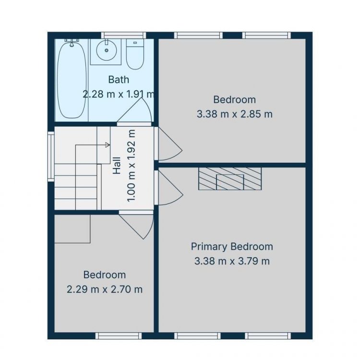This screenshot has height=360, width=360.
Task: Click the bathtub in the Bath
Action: (72, 79)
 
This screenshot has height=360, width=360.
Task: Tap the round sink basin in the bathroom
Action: (106, 50)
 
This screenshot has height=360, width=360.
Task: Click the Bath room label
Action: (119, 80)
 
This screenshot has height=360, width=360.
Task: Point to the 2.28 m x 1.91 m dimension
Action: (119, 94)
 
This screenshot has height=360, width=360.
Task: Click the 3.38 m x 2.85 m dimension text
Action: (234, 114)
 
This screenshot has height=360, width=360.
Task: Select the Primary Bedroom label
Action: (232, 247)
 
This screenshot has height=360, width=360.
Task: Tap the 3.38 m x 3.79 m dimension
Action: (232, 261)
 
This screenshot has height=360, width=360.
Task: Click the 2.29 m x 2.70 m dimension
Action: (105, 289)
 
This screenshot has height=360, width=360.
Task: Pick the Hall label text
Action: (117, 166)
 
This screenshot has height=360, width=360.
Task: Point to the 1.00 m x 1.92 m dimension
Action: (132, 166)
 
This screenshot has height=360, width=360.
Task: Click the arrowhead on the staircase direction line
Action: (108, 145)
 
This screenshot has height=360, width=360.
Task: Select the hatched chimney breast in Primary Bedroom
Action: (230, 179)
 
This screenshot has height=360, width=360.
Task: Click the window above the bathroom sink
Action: (123, 35)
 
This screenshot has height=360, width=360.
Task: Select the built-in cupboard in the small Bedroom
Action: (72, 229)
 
